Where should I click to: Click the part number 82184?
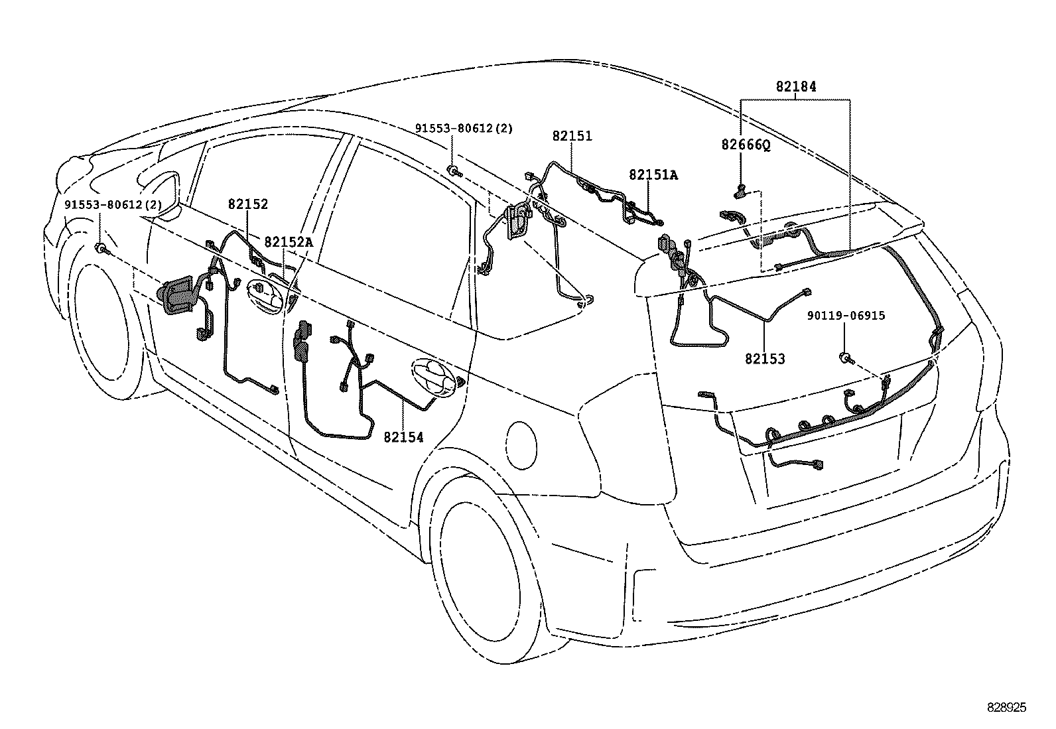[x=796, y=86]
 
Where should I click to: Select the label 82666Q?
[x=746, y=145]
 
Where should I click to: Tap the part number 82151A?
[x=653, y=174]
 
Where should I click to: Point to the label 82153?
[x=764, y=359]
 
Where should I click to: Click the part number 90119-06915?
[x=846, y=316]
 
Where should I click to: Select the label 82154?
[x=403, y=437]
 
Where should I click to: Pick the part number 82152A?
[x=288, y=242]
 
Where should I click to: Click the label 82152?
[x=248, y=204]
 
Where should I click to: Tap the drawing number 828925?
[x=1006, y=708]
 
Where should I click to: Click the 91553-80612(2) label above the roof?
[x=464, y=128]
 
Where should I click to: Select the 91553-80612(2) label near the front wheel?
[x=113, y=205]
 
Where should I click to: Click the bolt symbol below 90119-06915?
[x=845, y=358]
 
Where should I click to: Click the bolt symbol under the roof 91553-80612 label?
[x=453, y=171]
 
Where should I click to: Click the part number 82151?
[x=572, y=136]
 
